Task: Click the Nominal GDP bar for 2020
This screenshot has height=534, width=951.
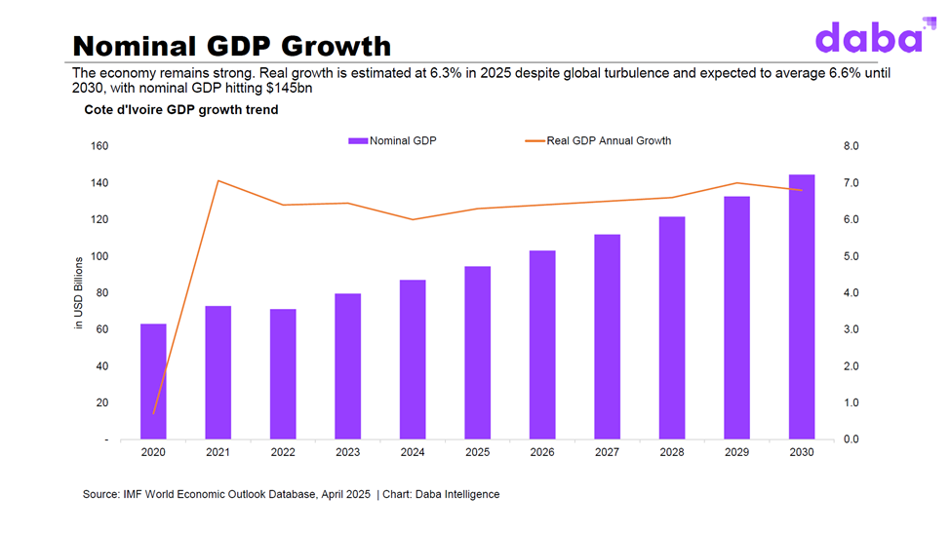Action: click(153, 381)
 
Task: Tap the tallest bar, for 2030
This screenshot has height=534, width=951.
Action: click(801, 307)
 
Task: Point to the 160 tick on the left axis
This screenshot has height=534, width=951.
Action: click(99, 146)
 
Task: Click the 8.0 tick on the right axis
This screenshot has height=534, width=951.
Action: click(850, 146)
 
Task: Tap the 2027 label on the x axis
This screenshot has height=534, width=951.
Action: click(607, 453)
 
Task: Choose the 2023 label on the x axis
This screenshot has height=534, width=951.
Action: click(347, 453)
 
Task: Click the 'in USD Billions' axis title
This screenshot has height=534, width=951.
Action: click(80, 293)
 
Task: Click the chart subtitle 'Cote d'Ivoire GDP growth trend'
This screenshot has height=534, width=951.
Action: click(181, 110)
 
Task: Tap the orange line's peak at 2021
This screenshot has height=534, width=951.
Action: click(218, 180)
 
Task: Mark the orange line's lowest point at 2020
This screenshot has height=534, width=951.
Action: click(153, 413)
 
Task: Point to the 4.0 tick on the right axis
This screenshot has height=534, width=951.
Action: click(850, 293)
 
